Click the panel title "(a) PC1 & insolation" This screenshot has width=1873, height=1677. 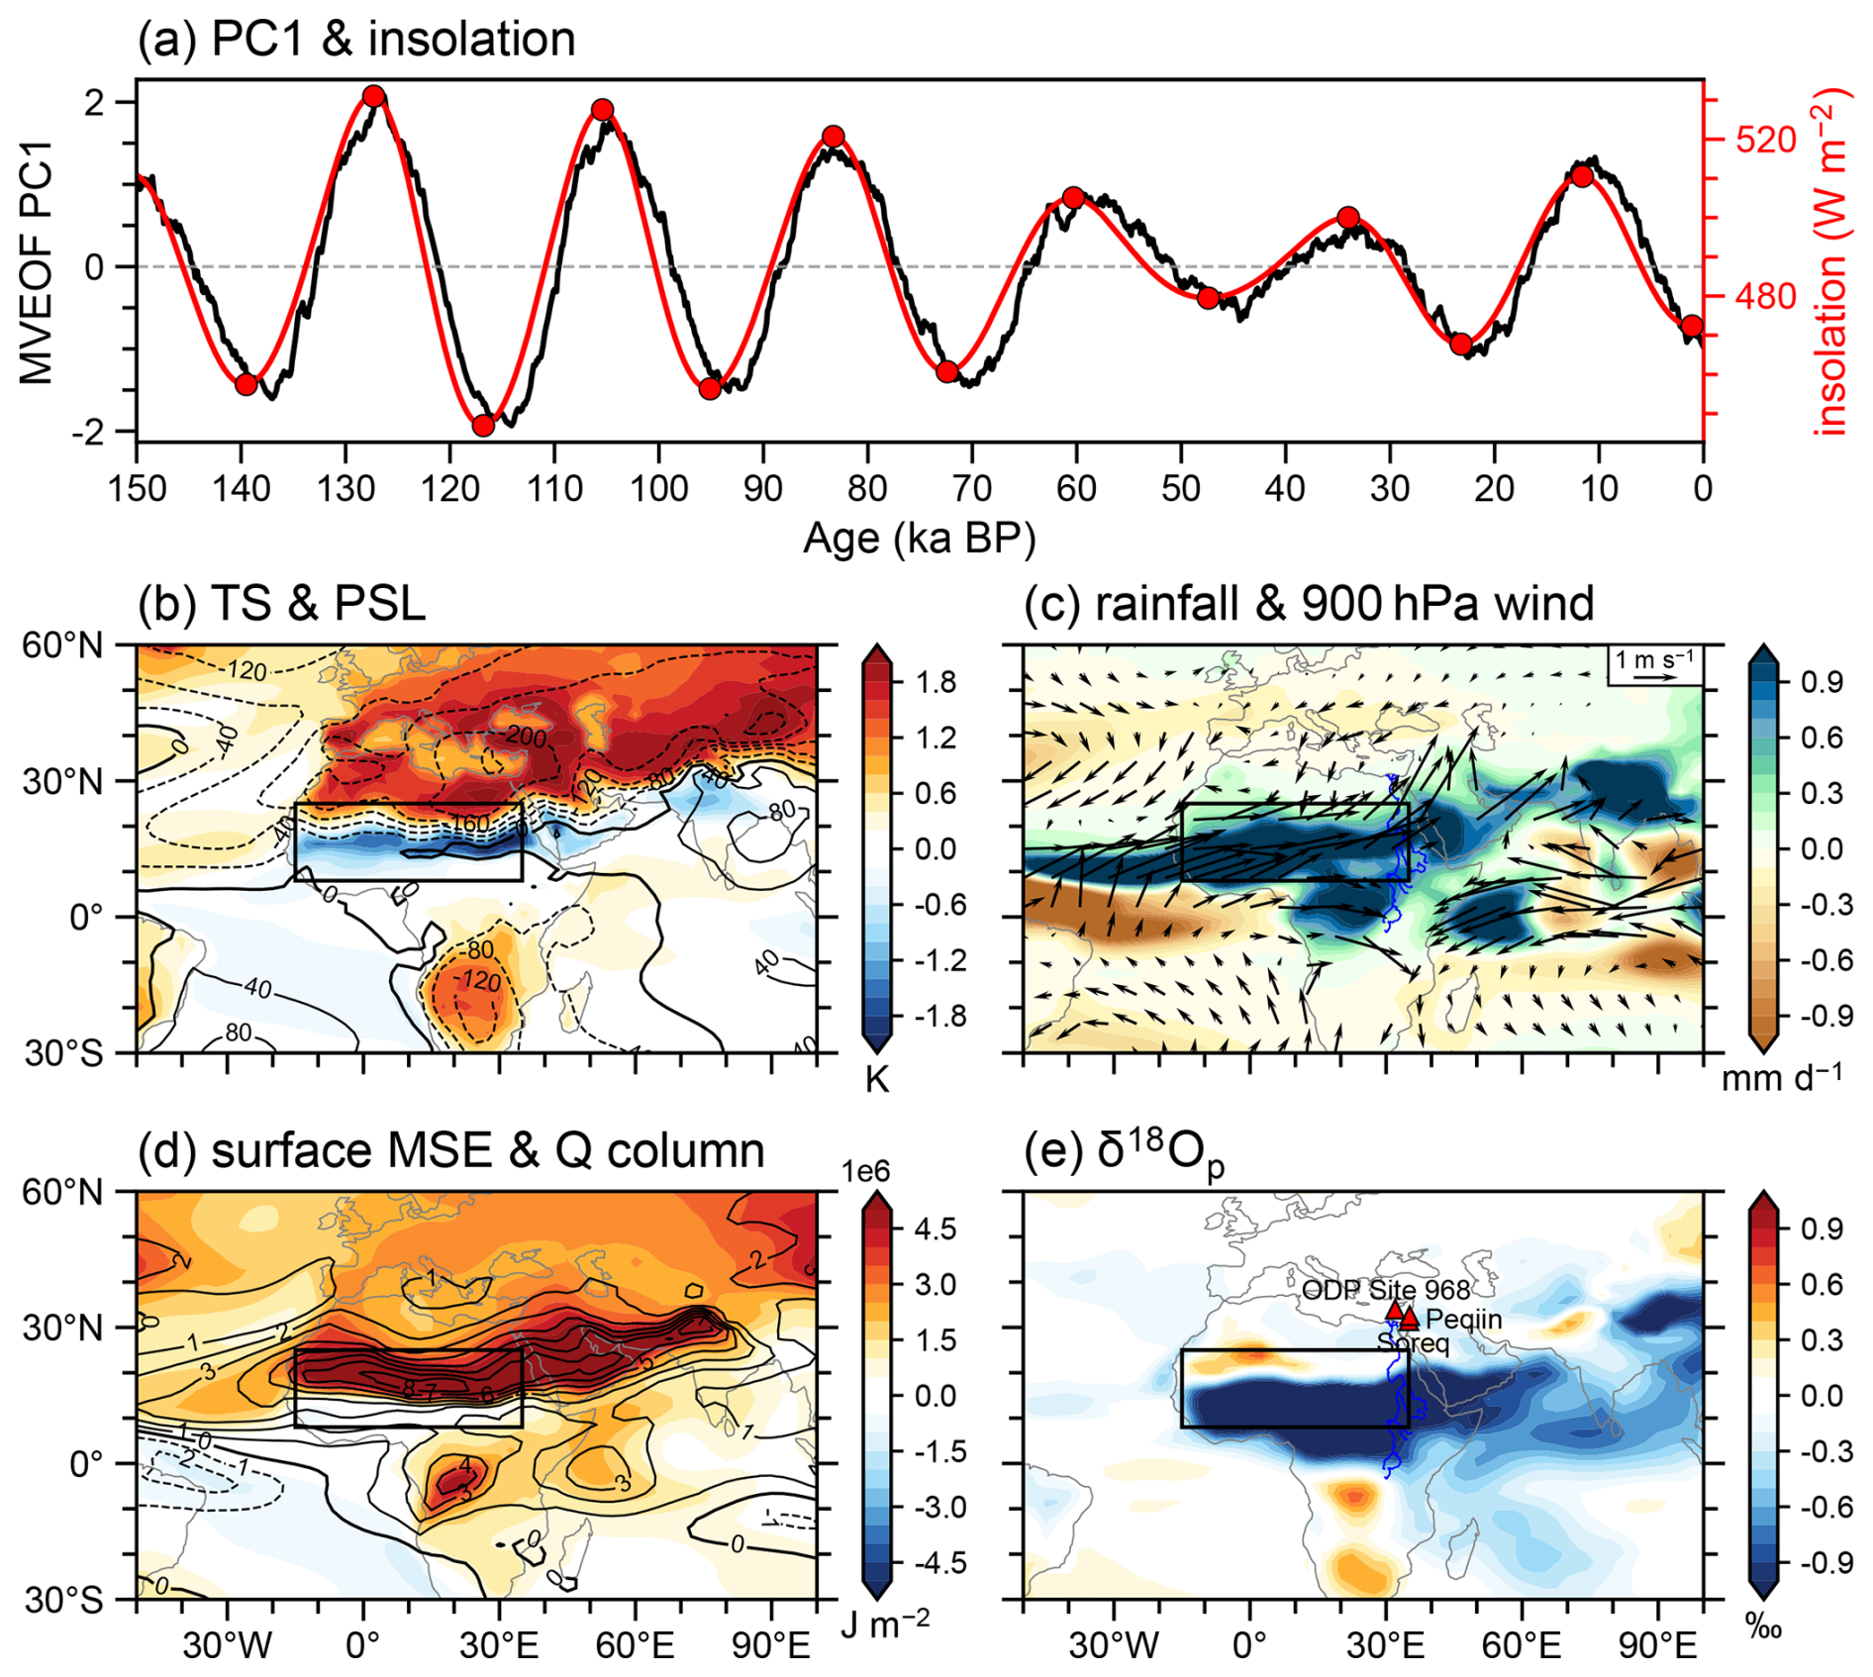click(356, 40)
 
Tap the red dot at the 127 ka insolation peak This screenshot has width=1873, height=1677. click(373, 96)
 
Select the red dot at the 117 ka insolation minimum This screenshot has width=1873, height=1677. click(483, 426)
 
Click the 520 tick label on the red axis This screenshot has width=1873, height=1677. click(1765, 140)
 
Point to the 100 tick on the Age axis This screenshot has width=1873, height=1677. click(659, 488)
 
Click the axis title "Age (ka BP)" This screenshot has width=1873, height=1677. click(919, 540)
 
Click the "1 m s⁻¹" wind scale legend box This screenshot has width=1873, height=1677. click(1654, 664)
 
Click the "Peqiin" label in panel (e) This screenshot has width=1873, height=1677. click(1464, 1320)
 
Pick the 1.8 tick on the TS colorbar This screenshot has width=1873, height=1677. click(936, 682)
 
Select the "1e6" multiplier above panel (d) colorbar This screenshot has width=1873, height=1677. click(866, 1171)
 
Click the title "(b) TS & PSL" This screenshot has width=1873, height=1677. click(282, 603)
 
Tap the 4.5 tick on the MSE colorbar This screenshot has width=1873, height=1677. click(936, 1229)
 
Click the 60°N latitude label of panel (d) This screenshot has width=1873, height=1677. click(62, 1192)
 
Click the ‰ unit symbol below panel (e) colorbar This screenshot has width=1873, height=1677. click(1764, 1628)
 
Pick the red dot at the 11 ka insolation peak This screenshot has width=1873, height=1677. click(1582, 176)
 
